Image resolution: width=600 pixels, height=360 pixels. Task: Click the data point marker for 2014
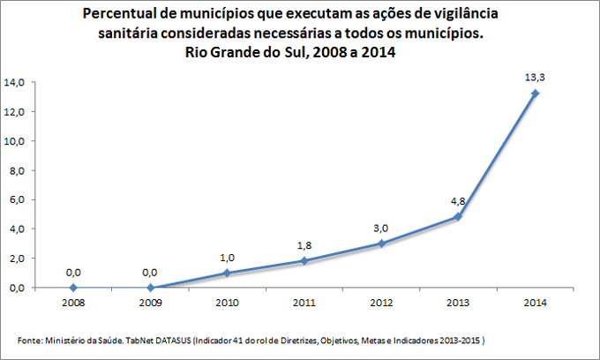pyautogui.click(x=535, y=93)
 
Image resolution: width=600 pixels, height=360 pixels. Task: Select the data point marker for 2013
pyautogui.click(x=458, y=216)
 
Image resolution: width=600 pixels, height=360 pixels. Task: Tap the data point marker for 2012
pyautogui.click(x=381, y=243)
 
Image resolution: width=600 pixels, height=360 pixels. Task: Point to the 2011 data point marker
pyautogui.click(x=304, y=260)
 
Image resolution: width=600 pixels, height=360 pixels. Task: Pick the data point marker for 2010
pyautogui.click(x=227, y=273)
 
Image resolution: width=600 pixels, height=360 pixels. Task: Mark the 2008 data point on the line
pyautogui.click(x=73, y=287)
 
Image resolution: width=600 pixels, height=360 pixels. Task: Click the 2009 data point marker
pyautogui.click(x=150, y=287)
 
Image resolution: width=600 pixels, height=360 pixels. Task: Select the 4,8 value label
pyautogui.click(x=457, y=200)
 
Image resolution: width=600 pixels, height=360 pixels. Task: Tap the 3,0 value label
pyautogui.click(x=380, y=227)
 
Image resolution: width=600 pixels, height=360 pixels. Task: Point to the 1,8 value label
pyautogui.click(x=303, y=244)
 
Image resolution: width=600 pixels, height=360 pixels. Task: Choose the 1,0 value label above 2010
pyautogui.click(x=226, y=257)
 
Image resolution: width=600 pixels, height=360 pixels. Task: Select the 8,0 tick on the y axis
pyautogui.click(x=18, y=170)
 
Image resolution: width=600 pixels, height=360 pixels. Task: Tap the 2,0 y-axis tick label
pyautogui.click(x=18, y=258)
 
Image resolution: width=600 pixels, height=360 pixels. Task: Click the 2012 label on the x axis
pyautogui.click(x=380, y=303)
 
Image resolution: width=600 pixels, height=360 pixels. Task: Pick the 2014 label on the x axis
pyautogui.click(x=534, y=303)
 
